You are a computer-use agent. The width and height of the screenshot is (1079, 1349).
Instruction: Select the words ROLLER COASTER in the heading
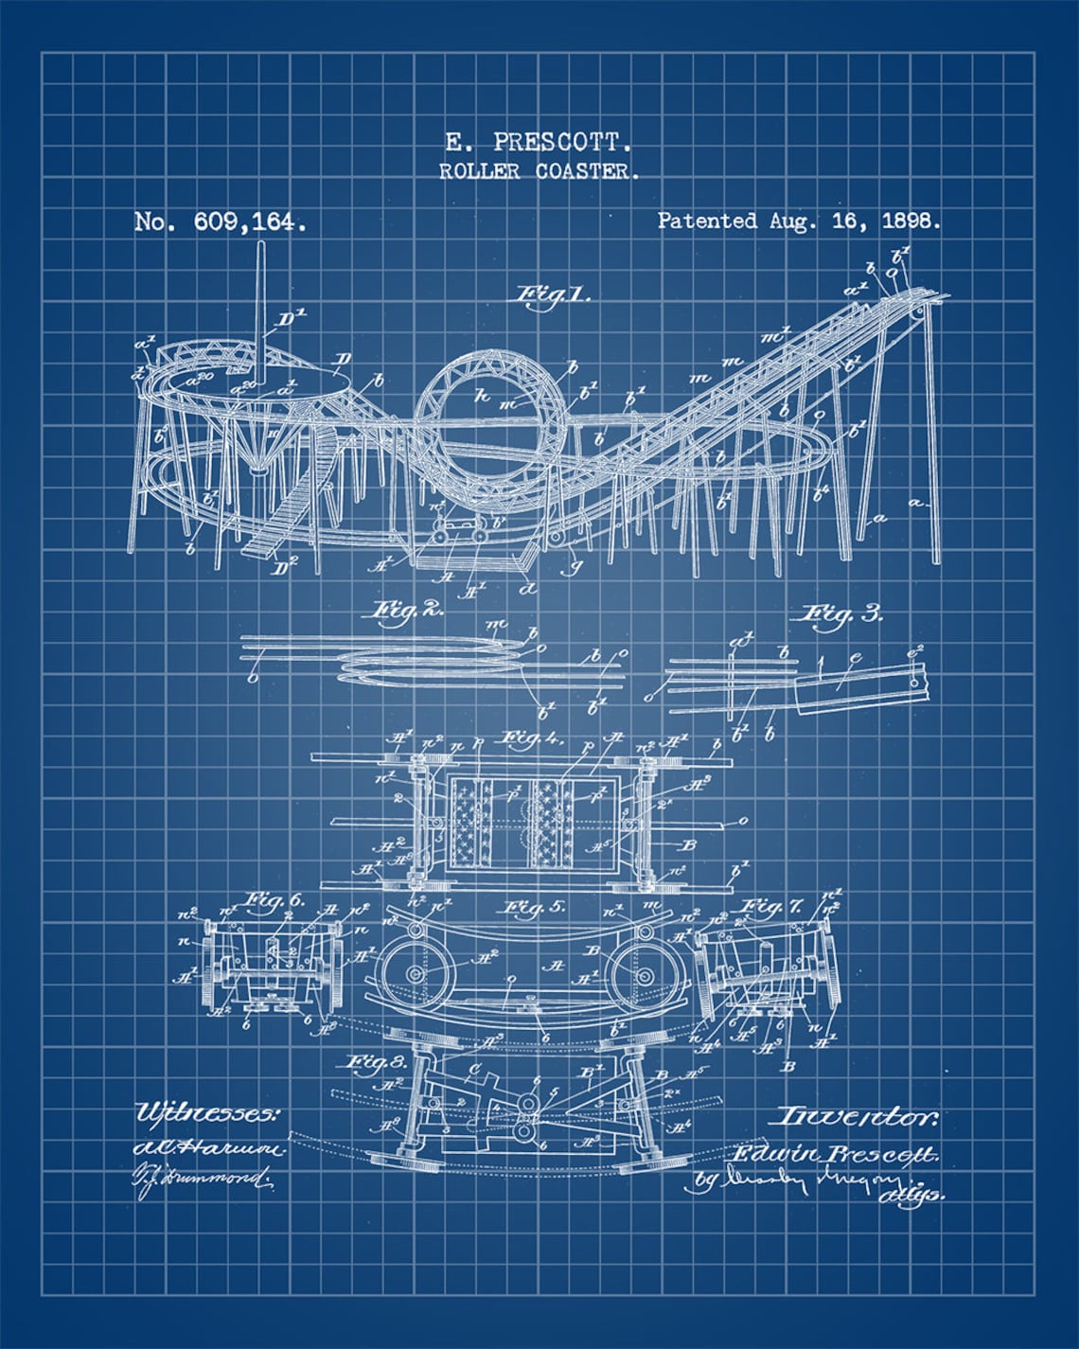click(539, 171)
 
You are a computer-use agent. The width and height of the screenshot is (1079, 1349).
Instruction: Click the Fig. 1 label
click(552, 294)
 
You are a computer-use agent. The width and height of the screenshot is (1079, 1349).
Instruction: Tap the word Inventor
click(857, 1117)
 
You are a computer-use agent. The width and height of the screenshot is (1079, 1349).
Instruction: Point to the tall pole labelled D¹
click(258, 303)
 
